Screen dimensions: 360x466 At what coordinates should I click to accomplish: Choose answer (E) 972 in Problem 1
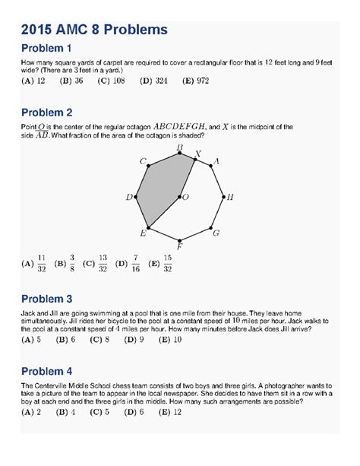tap(163, 80)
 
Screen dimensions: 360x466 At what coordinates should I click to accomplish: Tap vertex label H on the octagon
tap(230, 197)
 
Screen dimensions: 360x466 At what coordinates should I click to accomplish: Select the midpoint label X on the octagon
tap(199, 154)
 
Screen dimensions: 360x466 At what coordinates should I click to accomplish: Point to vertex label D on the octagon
tap(129, 197)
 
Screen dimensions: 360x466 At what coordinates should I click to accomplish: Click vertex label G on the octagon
tap(216, 233)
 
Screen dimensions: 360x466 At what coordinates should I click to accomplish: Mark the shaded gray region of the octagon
tap(159, 190)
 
